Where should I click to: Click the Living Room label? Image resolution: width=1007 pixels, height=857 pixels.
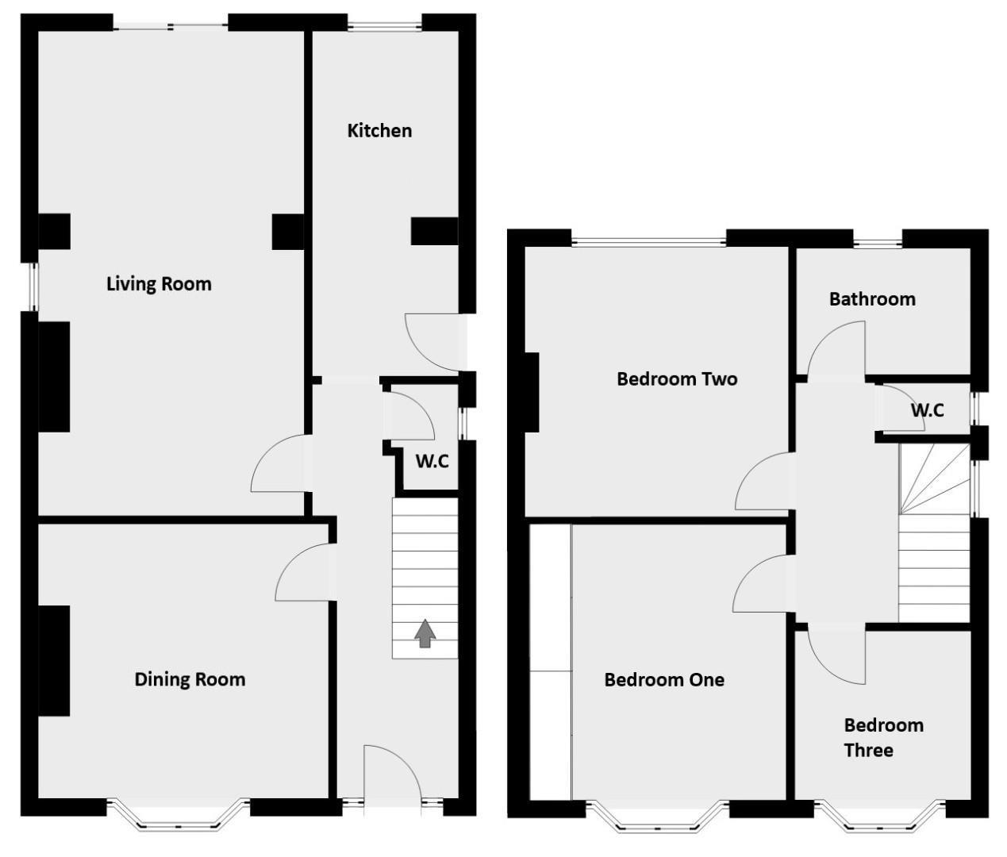tap(159, 284)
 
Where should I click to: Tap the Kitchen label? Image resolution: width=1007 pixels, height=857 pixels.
tap(379, 131)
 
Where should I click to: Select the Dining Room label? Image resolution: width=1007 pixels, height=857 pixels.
tap(190, 679)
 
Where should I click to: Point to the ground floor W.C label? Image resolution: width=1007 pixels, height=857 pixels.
tap(432, 461)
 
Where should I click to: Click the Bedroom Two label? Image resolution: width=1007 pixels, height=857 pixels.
tap(677, 379)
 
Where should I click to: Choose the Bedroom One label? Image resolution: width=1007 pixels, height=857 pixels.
tap(664, 680)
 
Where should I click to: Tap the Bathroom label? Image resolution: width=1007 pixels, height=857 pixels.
tap(872, 299)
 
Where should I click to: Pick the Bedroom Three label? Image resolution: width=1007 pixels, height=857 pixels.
tap(883, 737)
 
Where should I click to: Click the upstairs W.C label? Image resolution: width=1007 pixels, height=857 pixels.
tap(927, 410)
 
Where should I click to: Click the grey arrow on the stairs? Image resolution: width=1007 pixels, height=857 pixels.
tap(425, 633)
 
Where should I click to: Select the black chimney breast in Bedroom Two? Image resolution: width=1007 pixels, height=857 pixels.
tap(531, 392)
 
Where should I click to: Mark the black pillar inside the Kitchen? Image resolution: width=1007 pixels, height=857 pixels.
tap(434, 231)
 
